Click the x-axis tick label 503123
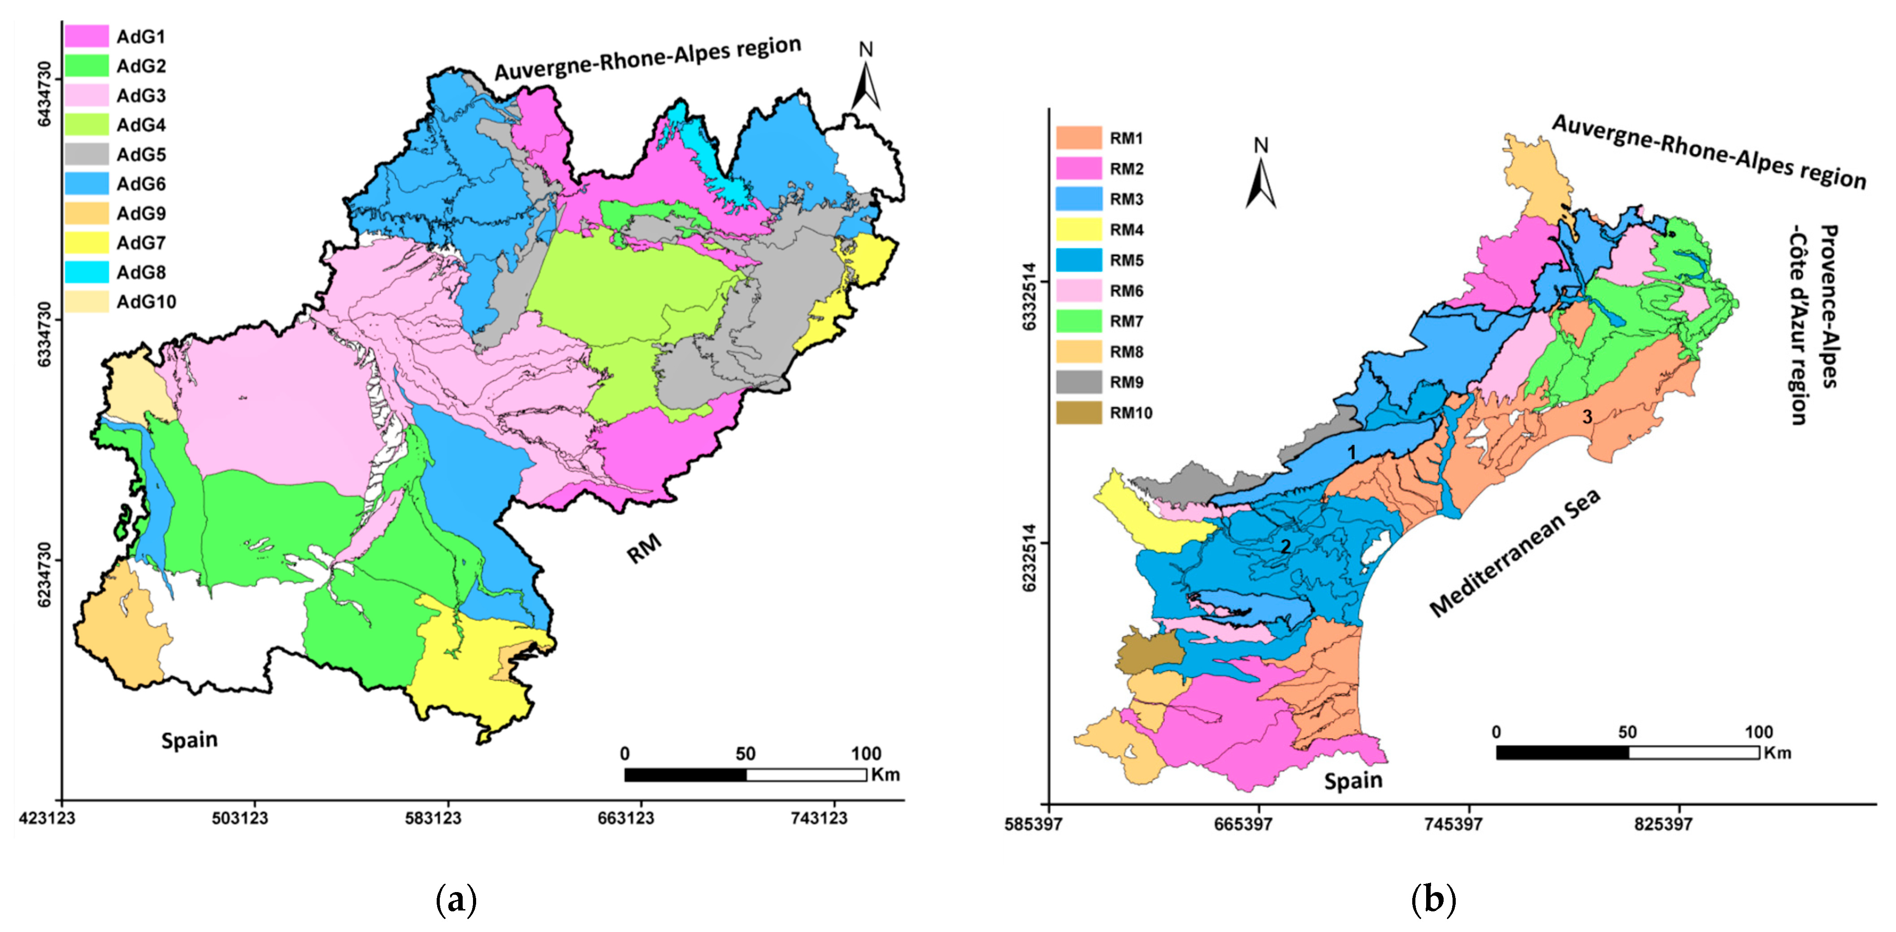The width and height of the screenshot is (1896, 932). click(x=240, y=819)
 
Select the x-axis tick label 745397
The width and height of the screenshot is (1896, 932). click(x=1453, y=824)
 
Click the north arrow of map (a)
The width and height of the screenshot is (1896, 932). click(x=866, y=81)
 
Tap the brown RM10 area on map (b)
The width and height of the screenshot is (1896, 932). click(x=1148, y=652)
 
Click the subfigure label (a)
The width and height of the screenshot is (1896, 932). click(x=456, y=900)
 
